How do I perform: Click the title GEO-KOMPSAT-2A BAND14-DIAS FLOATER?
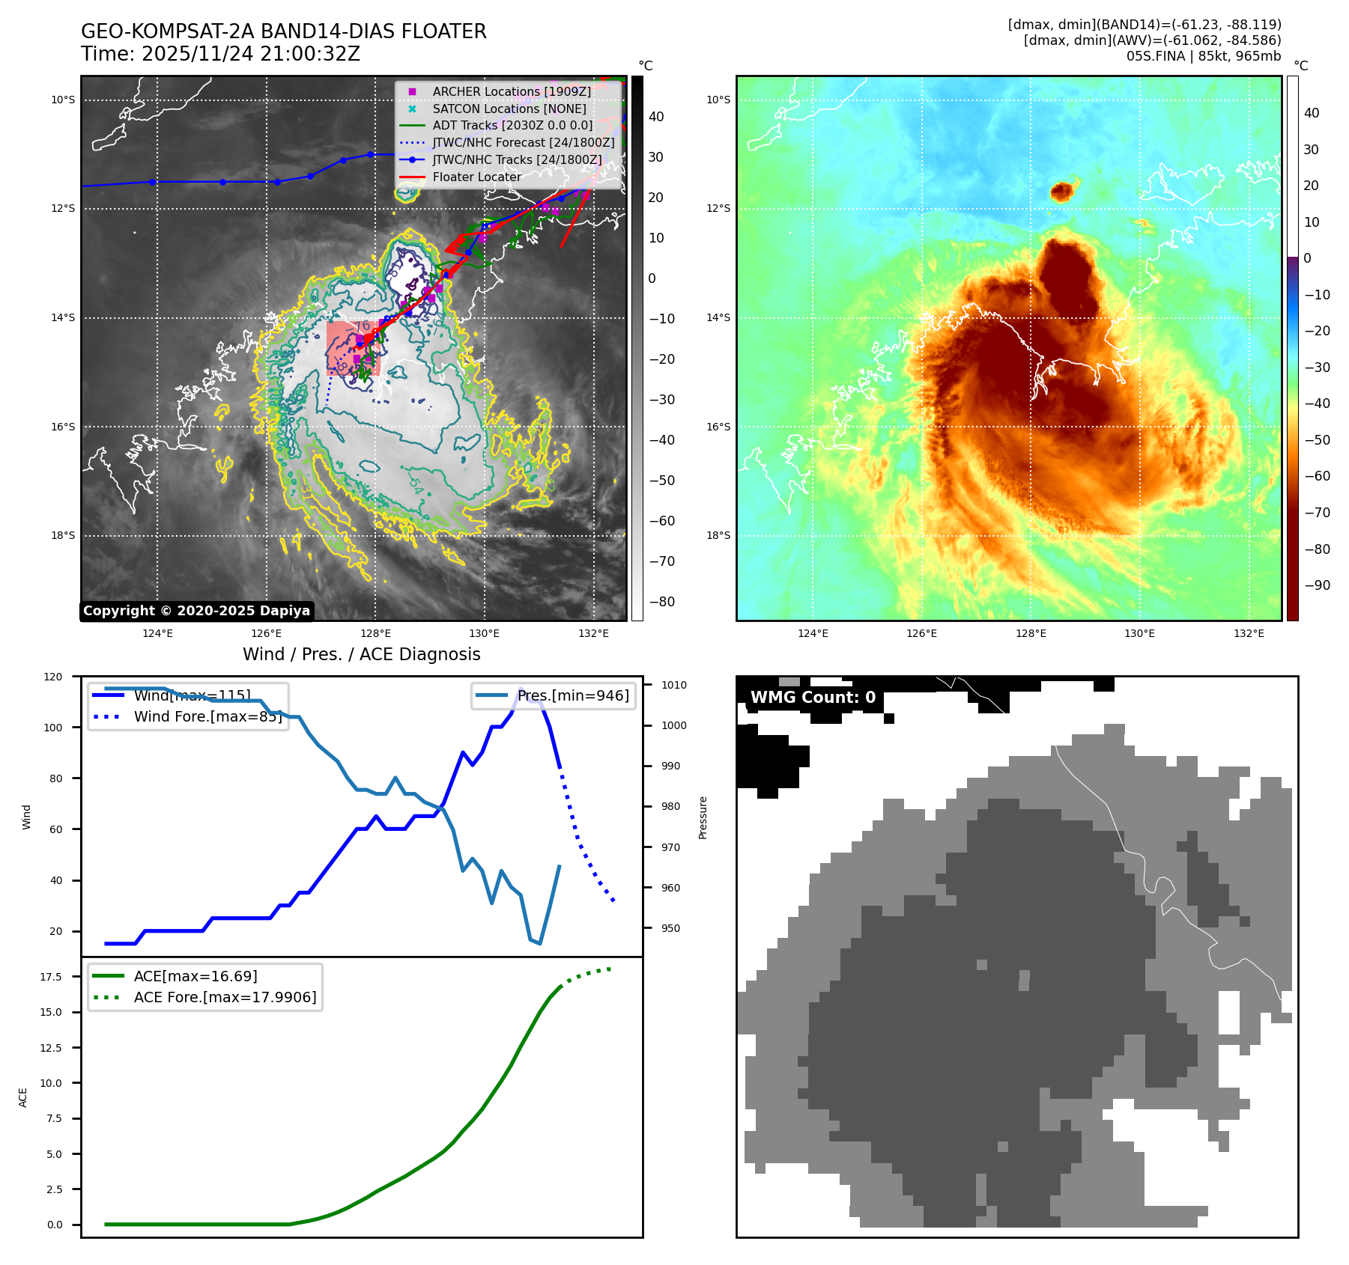pyautogui.click(x=283, y=31)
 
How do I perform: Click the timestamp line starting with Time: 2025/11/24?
pyautogui.click(x=220, y=54)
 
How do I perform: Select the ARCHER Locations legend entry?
pyautogui.click(x=511, y=91)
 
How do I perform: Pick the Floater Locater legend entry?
pyautogui.click(x=476, y=177)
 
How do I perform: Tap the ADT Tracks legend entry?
pyautogui.click(x=512, y=125)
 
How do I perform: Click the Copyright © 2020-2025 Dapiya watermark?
pyautogui.click(x=196, y=611)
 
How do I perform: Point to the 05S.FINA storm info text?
pyautogui.click(x=1203, y=56)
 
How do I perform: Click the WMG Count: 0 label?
pyautogui.click(x=813, y=698)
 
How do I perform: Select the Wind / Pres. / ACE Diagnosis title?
pyautogui.click(x=361, y=654)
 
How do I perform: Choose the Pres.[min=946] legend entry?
pyautogui.click(x=573, y=695)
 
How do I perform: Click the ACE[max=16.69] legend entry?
pyautogui.click(x=195, y=976)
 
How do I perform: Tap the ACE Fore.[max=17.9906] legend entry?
pyautogui.click(x=225, y=997)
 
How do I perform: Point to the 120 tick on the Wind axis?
pyautogui.click(x=53, y=677)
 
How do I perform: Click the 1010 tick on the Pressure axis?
pyautogui.click(x=673, y=685)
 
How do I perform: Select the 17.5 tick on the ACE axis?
pyautogui.click(x=51, y=977)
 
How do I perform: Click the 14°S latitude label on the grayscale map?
pyautogui.click(x=63, y=317)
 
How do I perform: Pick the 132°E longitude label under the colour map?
pyautogui.click(x=1248, y=633)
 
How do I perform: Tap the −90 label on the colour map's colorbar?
pyautogui.click(x=1317, y=585)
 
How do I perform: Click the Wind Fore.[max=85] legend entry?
pyautogui.click(x=207, y=716)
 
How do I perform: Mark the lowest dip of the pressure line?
pyautogui.click(x=539, y=943)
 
